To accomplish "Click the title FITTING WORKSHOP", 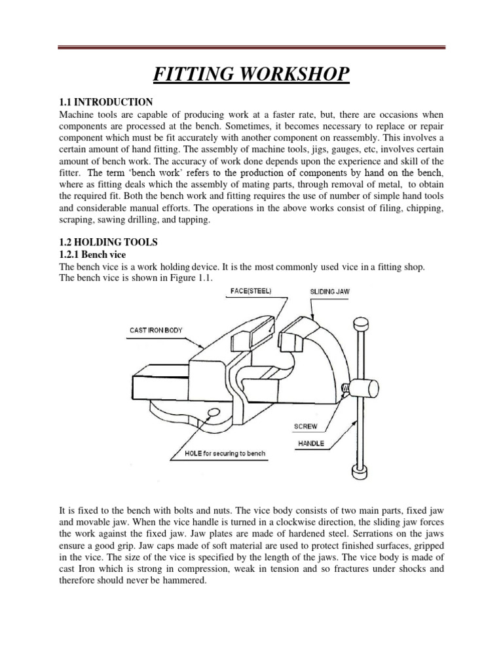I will [x=251, y=74].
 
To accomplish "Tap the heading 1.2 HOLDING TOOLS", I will [x=109, y=242].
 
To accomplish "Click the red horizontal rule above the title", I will [x=251, y=46].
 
